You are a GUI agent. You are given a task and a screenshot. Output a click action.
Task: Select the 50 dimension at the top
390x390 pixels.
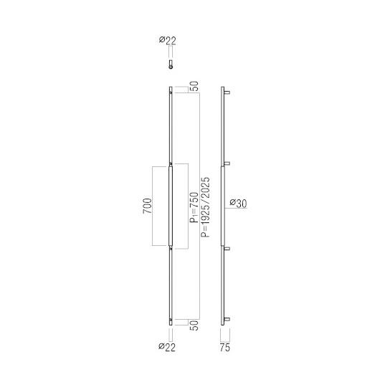point(194,86)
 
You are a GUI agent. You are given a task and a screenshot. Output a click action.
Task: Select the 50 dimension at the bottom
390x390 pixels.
point(194,325)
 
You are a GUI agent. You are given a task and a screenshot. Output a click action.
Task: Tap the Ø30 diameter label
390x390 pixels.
point(239,204)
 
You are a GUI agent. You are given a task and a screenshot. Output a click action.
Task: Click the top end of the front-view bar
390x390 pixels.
point(171,89)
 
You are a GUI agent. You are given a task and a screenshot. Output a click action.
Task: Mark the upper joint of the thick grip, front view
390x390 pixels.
point(171,165)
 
